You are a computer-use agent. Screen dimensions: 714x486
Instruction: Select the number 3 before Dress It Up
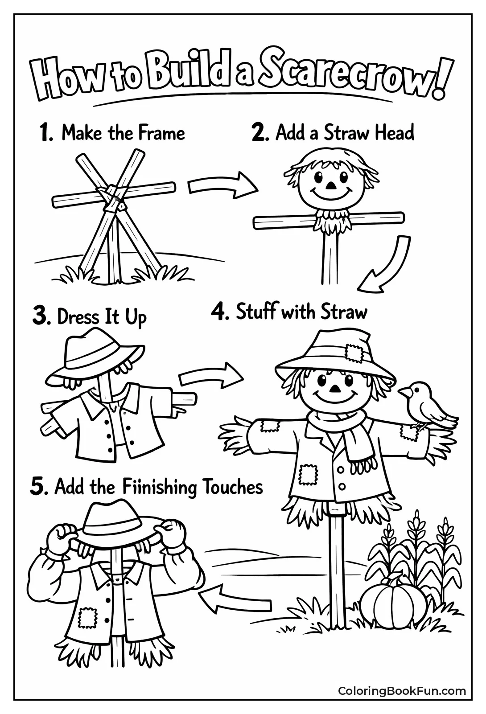point(41,317)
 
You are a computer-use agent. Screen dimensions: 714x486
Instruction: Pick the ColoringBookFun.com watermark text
point(402,691)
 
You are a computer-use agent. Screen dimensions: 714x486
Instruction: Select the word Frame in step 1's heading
point(161,133)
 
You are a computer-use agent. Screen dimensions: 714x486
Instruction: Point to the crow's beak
point(404,392)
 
